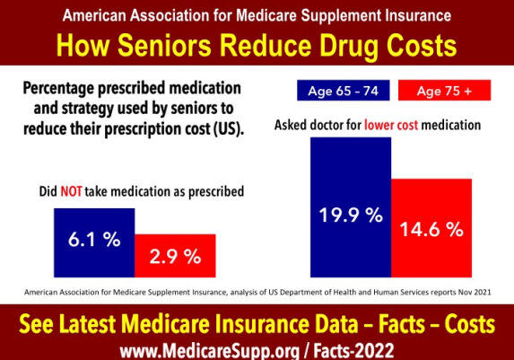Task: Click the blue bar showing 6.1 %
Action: tap(94, 241)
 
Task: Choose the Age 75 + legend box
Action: tap(441, 90)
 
